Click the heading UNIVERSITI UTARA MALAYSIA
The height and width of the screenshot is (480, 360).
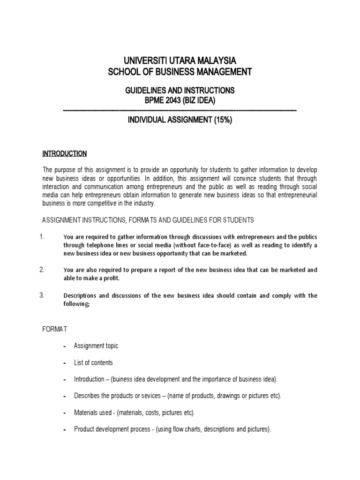(x=180, y=60)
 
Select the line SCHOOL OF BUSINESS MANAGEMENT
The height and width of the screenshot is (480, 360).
(x=180, y=72)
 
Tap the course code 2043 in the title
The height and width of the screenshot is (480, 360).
(x=171, y=100)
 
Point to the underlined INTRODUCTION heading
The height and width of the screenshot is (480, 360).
(x=65, y=153)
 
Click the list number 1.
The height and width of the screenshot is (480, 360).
(x=42, y=237)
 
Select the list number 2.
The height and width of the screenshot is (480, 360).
(x=42, y=270)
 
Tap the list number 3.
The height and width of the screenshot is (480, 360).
(x=42, y=295)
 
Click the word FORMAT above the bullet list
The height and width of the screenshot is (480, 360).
(x=55, y=330)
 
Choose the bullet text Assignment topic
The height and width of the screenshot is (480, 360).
(x=96, y=346)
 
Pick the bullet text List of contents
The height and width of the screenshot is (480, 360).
(x=93, y=363)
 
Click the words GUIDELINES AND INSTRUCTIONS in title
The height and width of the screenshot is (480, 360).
(x=180, y=90)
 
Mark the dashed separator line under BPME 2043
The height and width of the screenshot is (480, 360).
(x=180, y=110)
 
